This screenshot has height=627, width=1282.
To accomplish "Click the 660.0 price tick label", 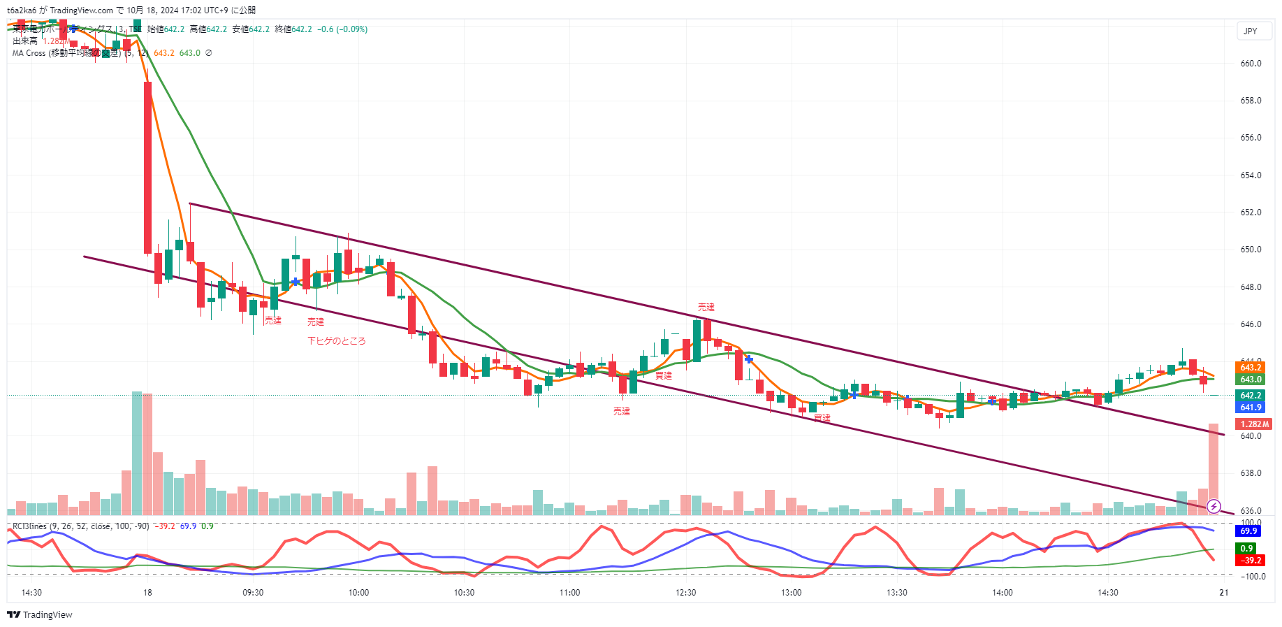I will coord(1251,64).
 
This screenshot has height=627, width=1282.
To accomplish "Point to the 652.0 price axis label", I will coord(1251,212).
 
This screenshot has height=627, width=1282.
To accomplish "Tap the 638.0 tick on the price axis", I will coord(1251,473).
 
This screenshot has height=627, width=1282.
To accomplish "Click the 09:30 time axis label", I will coord(253,593).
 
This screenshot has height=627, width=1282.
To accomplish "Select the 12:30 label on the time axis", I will coord(686,593).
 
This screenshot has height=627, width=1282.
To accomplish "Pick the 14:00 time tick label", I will coord(1003,593).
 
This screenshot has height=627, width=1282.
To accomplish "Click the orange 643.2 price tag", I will coord(1251,368).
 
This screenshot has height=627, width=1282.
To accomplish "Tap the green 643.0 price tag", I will coord(1251,380).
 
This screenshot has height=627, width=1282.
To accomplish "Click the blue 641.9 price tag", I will coord(1251,408).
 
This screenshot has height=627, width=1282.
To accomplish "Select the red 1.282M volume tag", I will coord(1255,424).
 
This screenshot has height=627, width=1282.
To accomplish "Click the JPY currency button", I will coord(1251,31).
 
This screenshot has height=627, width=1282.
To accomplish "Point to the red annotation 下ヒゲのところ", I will coord(337,341).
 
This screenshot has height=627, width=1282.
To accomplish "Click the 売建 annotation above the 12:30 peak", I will coord(706,308).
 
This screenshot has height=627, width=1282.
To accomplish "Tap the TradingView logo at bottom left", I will coord(40,615).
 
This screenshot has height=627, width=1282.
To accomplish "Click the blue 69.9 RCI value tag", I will coord(1249,531).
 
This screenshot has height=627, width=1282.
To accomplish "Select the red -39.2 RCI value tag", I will coord(1251,561).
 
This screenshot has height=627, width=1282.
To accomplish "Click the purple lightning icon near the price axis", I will coord(1214,506).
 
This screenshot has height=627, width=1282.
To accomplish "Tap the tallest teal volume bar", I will coord(137,453).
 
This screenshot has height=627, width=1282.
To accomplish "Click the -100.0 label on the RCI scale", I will coord(1253,577).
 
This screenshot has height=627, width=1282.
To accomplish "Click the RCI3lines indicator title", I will coord(29,526).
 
